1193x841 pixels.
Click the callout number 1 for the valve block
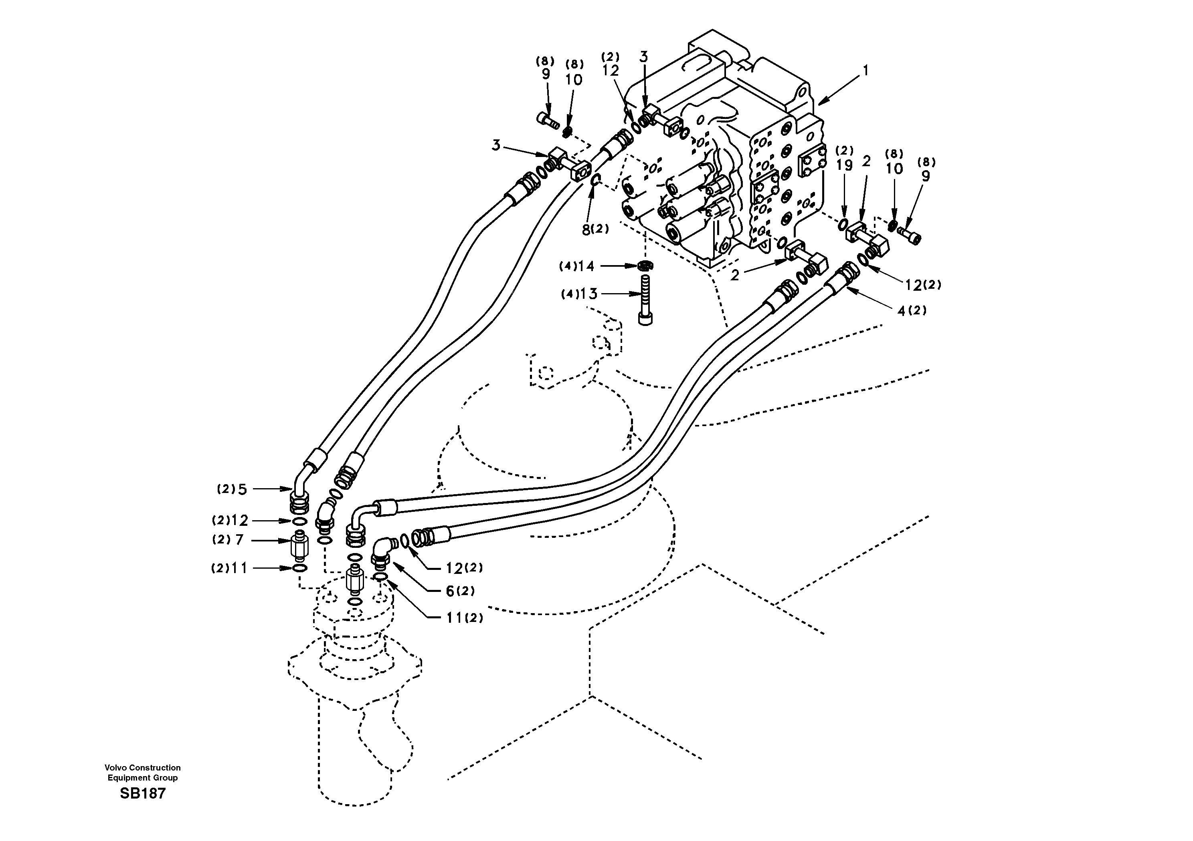(x=865, y=71)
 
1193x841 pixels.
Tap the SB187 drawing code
(x=142, y=793)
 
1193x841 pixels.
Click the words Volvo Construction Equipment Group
(x=142, y=773)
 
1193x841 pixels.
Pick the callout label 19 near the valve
(x=844, y=165)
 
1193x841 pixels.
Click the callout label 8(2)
(x=595, y=229)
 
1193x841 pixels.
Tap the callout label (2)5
(x=232, y=489)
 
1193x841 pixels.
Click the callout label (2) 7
(x=228, y=540)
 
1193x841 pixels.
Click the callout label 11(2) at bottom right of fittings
(x=464, y=618)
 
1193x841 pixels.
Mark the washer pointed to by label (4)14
(x=645, y=266)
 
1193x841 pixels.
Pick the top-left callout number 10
(x=574, y=79)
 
